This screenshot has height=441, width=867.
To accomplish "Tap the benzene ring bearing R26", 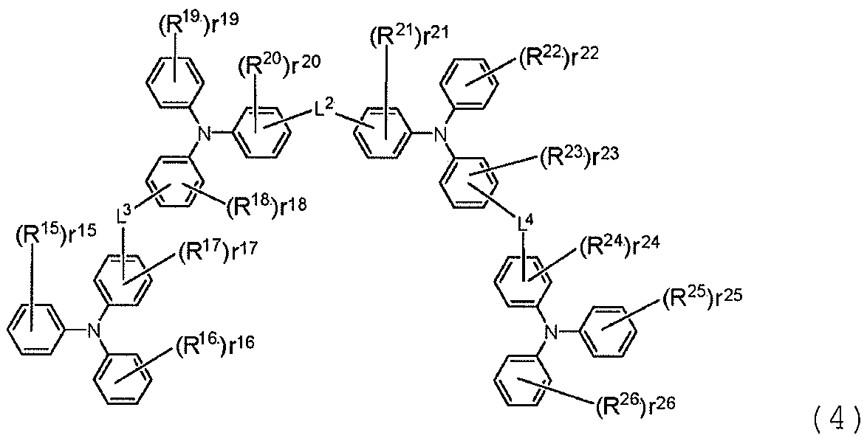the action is click(x=521, y=386).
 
